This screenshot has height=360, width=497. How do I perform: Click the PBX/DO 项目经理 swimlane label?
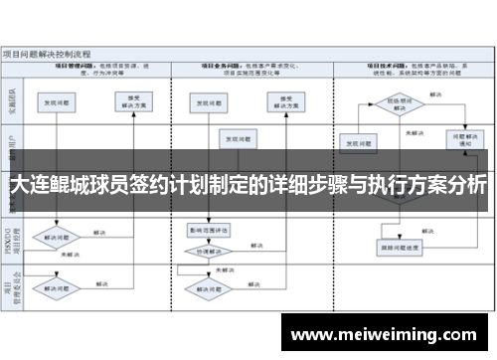click(13, 240)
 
